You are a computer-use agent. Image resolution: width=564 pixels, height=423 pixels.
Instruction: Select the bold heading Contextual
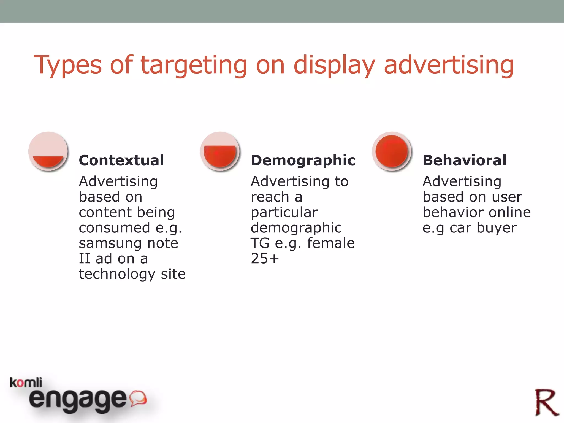[x=121, y=160]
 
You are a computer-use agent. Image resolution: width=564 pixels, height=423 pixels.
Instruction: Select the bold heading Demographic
[x=303, y=160]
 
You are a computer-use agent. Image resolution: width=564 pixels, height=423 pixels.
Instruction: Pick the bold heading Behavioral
[x=464, y=160]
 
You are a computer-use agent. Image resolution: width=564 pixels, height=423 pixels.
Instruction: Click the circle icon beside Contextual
[x=48, y=151]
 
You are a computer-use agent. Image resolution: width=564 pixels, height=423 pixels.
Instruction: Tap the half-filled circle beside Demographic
[x=220, y=151]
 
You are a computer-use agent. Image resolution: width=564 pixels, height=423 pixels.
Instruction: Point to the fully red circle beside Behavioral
[x=392, y=151]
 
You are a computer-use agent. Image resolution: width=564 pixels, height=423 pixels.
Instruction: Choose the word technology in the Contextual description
[x=117, y=274]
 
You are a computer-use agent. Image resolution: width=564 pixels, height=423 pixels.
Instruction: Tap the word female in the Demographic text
[x=331, y=243]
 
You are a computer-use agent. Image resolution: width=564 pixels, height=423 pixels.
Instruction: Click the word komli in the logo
[x=26, y=383]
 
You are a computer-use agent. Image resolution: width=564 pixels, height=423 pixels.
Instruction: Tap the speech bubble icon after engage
[x=138, y=398]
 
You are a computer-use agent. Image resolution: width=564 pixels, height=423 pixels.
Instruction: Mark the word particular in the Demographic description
[x=284, y=212]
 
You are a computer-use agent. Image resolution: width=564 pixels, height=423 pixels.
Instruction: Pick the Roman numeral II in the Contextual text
[x=84, y=259]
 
